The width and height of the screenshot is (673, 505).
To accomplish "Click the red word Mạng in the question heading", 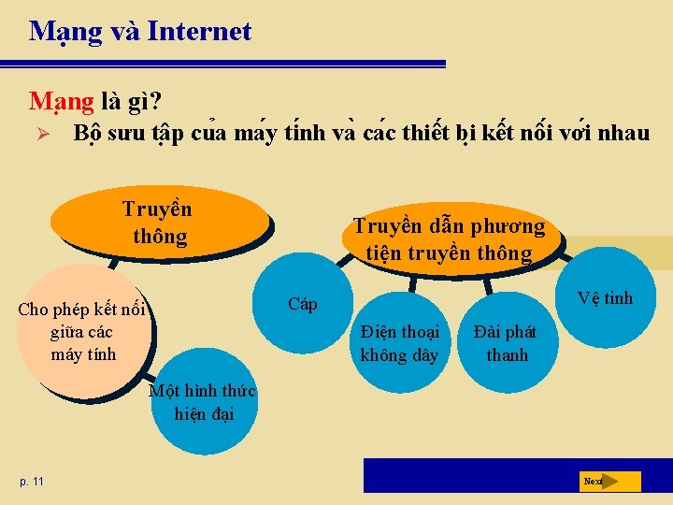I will click(62, 100).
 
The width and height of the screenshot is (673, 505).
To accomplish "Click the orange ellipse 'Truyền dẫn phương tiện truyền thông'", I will click(449, 239).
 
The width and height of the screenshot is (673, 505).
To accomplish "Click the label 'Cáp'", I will click(303, 304).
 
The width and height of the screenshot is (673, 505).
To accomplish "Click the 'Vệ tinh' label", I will click(605, 298).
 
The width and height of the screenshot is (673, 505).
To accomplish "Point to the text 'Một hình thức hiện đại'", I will click(203, 402).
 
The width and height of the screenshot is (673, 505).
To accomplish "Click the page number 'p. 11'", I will click(31, 481).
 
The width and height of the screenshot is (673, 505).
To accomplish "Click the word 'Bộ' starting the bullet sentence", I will click(88, 134).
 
